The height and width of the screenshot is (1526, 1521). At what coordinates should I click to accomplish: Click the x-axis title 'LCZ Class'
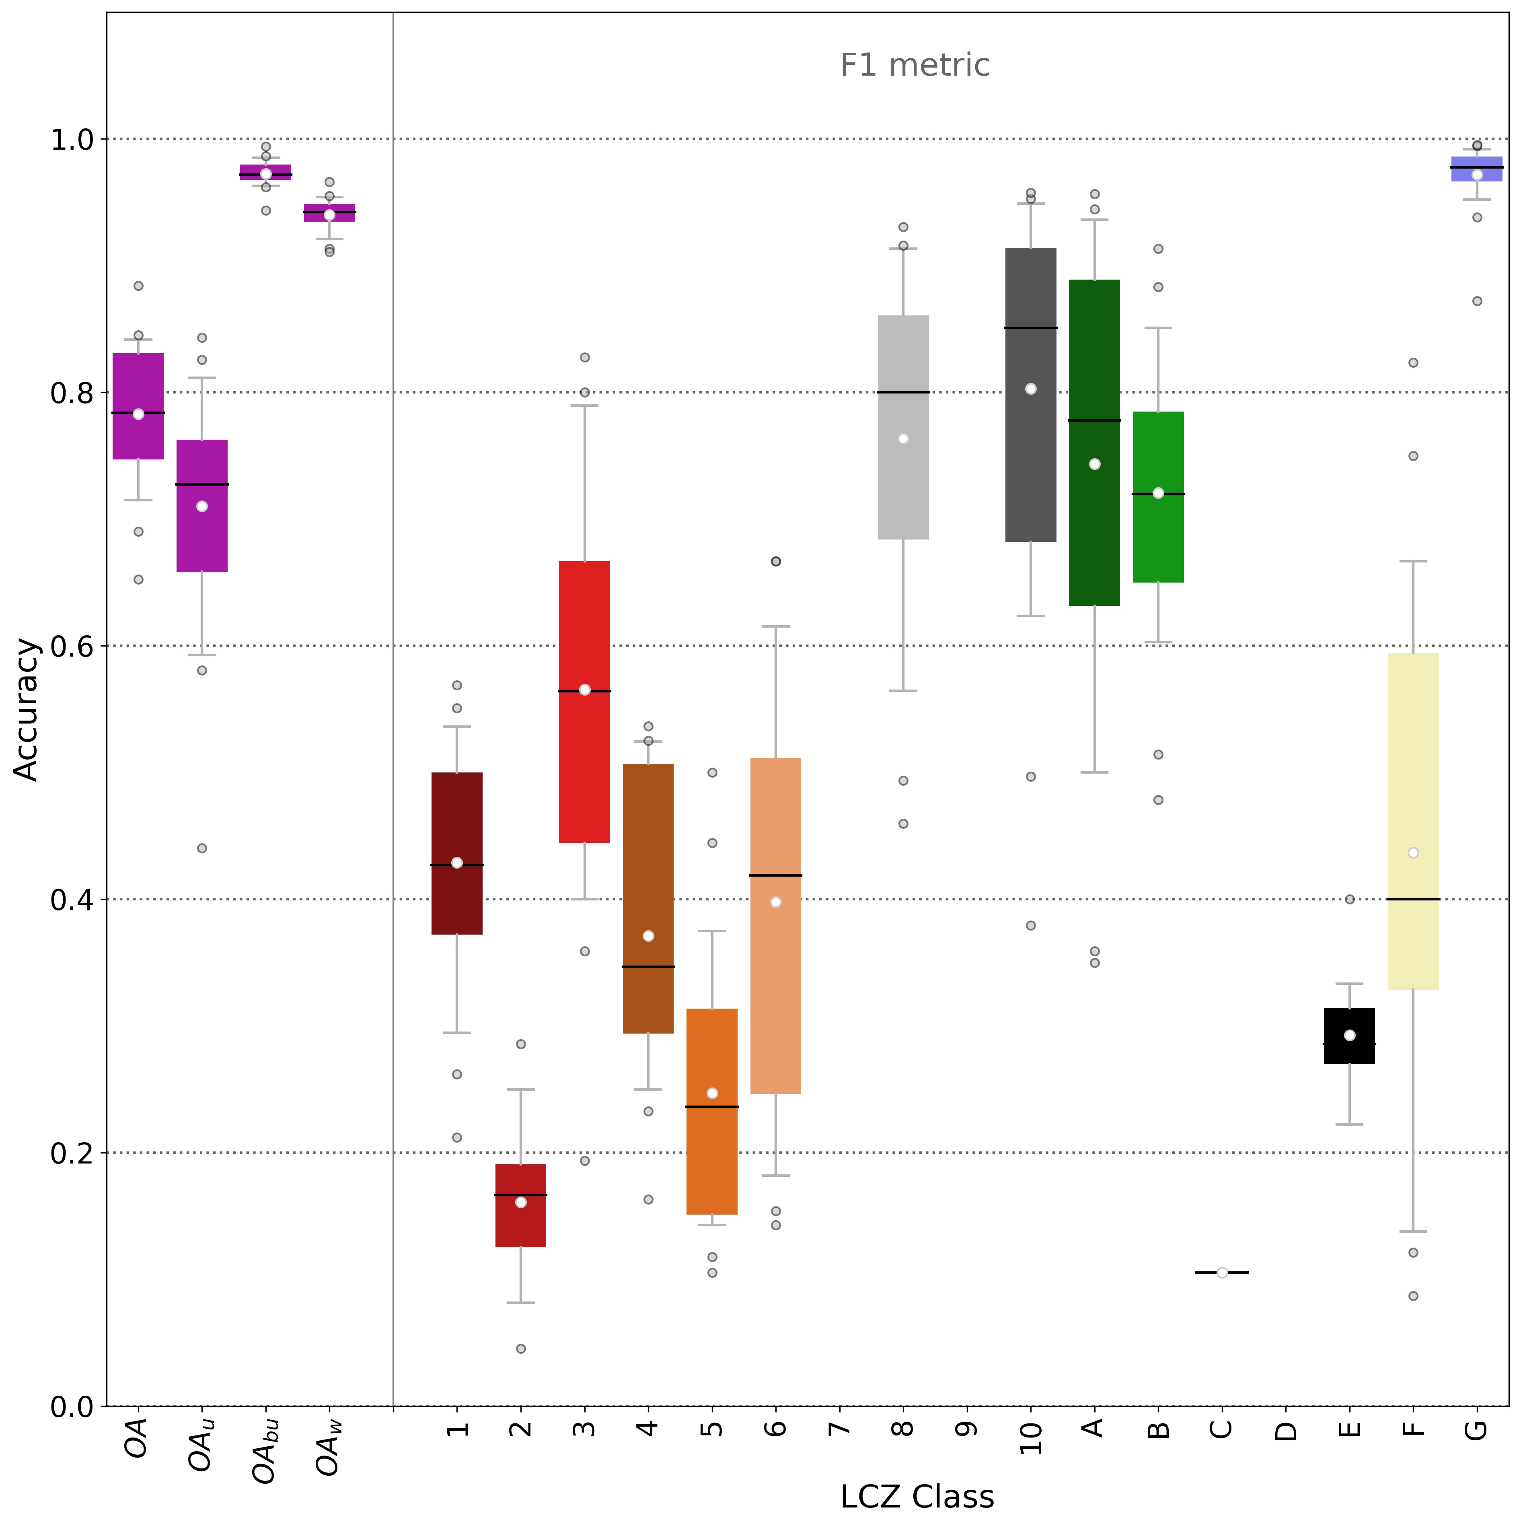coord(916,1496)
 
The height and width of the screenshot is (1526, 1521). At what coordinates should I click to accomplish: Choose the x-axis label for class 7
coord(839,1428)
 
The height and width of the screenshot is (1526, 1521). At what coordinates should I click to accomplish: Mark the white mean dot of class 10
coord(1031,389)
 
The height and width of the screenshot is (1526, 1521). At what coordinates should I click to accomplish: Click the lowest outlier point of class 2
coord(520,1348)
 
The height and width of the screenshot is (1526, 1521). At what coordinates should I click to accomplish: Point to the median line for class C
coord(1222,1273)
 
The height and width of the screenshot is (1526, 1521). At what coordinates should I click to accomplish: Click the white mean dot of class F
coord(1413,852)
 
